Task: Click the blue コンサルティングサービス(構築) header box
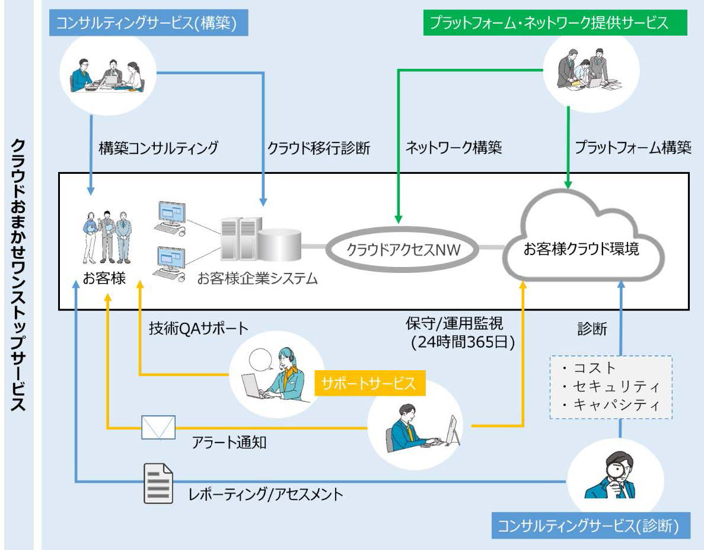click(x=149, y=23)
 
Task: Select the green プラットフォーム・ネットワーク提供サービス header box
click(x=555, y=23)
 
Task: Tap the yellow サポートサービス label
click(x=369, y=383)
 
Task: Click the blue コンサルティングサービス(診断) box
click(x=591, y=525)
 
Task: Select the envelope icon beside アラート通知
click(x=158, y=427)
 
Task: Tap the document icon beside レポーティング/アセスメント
click(x=158, y=483)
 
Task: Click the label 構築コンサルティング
click(x=158, y=148)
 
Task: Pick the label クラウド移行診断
click(x=318, y=148)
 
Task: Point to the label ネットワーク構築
click(x=454, y=147)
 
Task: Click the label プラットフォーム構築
click(x=633, y=147)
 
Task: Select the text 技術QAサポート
click(x=199, y=328)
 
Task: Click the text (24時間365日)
click(x=463, y=342)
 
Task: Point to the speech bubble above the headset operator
click(x=261, y=360)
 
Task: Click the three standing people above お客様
click(x=107, y=237)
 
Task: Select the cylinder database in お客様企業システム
click(x=279, y=244)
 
